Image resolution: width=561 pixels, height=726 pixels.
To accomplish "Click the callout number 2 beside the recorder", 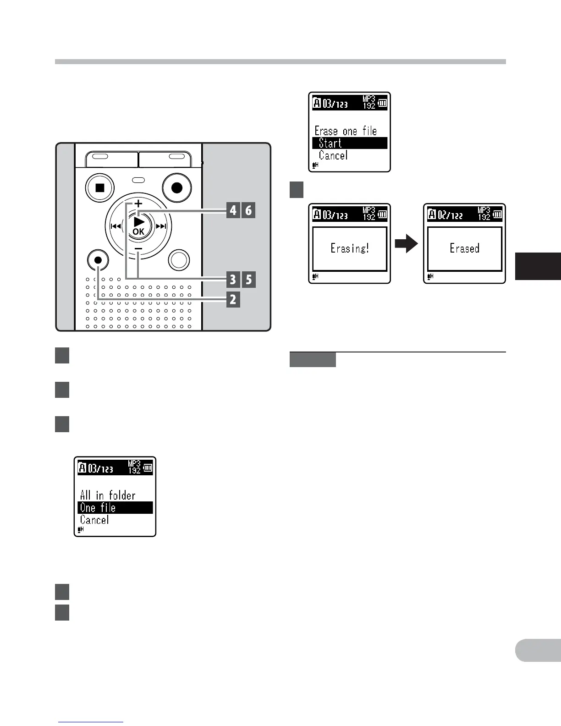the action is tap(233, 300).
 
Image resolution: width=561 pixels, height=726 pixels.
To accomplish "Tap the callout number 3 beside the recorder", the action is tap(233, 279).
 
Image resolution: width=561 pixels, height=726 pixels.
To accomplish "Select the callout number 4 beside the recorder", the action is tap(233, 210).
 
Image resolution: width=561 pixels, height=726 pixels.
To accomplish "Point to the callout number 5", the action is tap(248, 279).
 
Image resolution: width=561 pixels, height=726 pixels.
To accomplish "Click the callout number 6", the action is tap(248, 210).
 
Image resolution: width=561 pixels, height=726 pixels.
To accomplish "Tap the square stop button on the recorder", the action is tap(100, 187).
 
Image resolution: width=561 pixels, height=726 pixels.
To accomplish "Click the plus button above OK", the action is tap(138, 203).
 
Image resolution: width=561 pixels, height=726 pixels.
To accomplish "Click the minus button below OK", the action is tap(138, 248).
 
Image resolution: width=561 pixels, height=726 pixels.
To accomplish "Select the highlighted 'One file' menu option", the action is tap(115, 507).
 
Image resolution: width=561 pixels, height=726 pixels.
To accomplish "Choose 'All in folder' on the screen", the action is tap(108, 495).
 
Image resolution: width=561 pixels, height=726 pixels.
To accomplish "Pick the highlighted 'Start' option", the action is tap(349, 143).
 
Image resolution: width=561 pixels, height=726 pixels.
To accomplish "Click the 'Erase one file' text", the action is tap(346, 131).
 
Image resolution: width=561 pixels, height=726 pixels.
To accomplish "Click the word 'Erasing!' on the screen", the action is tap(350, 248).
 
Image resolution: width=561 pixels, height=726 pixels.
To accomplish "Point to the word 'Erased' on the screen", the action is tap(464, 248).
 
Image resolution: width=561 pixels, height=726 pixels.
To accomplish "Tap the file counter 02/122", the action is tap(451, 215).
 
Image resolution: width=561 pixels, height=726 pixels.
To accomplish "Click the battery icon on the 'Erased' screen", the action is tap(497, 214).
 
